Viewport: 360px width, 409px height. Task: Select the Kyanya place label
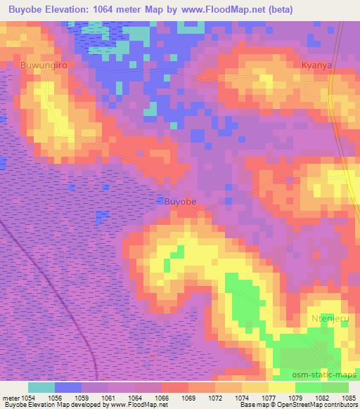[x=314, y=65]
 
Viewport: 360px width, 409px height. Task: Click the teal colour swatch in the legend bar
[x=41, y=387]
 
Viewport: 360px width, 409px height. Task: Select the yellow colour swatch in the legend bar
[x=281, y=387]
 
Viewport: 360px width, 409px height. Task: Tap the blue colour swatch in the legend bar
[x=68, y=387]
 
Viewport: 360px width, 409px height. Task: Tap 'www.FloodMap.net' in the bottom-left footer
[x=139, y=405]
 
